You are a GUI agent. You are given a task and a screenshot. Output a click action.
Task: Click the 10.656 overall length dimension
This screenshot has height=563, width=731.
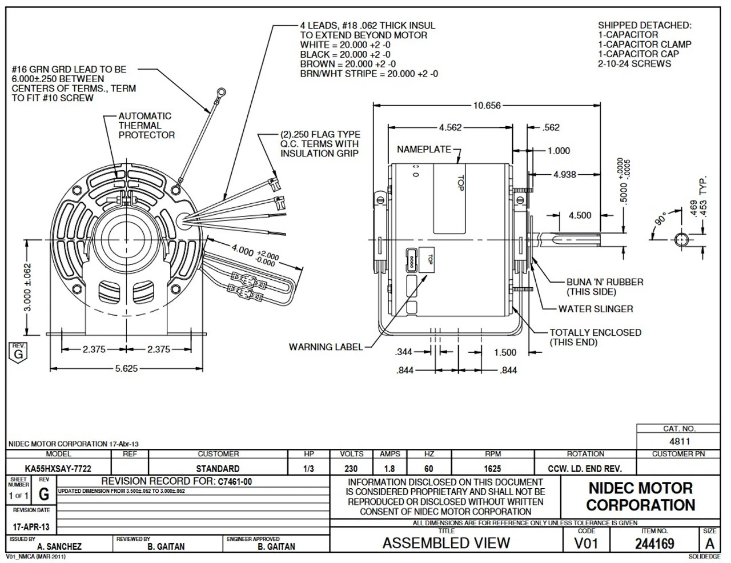(x=487, y=105)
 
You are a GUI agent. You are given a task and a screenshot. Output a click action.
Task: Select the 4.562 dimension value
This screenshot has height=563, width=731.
(x=450, y=127)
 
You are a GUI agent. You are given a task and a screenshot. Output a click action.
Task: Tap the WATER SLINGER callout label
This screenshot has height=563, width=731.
(x=596, y=309)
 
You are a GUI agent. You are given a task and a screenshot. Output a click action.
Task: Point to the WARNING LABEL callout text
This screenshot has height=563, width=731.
(x=326, y=347)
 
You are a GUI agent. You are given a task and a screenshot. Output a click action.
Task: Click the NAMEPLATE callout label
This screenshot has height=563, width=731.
(x=424, y=150)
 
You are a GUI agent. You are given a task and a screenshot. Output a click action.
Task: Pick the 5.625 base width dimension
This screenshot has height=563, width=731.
(x=126, y=368)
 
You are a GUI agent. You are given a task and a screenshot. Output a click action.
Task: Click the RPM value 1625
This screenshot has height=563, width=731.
(x=492, y=469)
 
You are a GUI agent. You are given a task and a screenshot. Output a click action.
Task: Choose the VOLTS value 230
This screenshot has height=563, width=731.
(x=351, y=469)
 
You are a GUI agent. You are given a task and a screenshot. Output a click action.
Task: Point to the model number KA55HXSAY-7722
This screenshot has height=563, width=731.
(x=59, y=469)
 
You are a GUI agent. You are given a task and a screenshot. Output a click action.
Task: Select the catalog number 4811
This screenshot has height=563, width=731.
(x=680, y=441)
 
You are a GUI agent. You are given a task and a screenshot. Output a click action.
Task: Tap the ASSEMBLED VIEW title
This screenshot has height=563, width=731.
(x=446, y=543)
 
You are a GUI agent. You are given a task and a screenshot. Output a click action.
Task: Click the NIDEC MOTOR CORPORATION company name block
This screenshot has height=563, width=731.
(x=640, y=497)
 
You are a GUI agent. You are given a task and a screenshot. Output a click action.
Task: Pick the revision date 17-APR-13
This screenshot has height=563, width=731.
(x=31, y=527)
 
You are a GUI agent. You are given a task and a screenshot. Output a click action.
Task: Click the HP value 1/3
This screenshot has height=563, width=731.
(x=309, y=469)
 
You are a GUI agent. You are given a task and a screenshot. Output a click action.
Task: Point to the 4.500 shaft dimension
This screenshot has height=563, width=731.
(x=580, y=215)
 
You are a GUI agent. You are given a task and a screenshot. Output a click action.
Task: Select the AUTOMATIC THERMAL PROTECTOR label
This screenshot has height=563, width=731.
(x=146, y=126)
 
